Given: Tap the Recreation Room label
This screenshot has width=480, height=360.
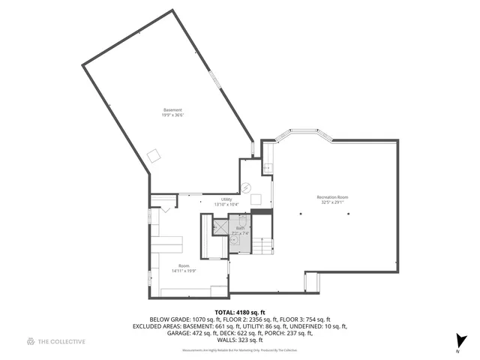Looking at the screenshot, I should [331, 197].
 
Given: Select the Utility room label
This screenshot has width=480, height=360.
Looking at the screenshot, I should [226, 199].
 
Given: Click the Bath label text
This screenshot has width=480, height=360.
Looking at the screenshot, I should [240, 228].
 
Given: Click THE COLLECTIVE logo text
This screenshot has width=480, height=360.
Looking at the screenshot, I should [62, 342].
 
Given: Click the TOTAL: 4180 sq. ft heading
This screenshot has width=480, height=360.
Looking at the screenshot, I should [240, 312].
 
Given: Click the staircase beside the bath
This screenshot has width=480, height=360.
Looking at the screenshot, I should [262, 245].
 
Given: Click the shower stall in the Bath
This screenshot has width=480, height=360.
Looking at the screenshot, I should [220, 227].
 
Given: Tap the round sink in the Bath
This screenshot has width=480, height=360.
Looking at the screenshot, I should [232, 244].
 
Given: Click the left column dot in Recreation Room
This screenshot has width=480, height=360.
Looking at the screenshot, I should [301, 214].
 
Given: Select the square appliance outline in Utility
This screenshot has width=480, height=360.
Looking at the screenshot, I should [256, 199].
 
